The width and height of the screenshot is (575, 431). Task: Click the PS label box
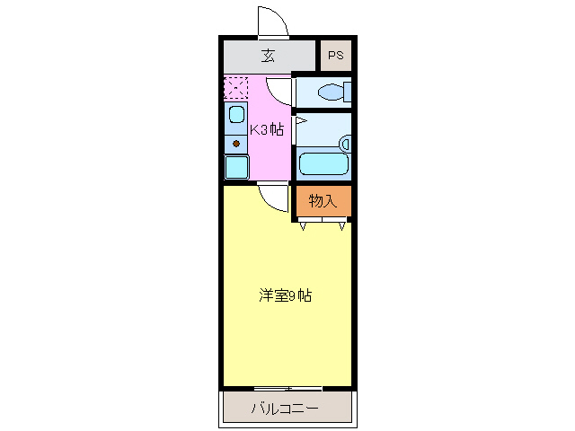click(x=335, y=56)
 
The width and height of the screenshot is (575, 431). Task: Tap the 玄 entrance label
click(x=268, y=56)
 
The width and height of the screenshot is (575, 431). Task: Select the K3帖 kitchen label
click(x=267, y=128)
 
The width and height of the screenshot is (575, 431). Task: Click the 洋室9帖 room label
click(x=286, y=295)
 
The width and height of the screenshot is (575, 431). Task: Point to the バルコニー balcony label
click(x=284, y=409)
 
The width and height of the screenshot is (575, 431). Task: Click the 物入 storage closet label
click(x=323, y=201)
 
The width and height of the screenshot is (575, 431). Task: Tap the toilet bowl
click(x=333, y=91)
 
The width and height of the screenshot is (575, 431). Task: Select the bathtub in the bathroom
click(x=324, y=163)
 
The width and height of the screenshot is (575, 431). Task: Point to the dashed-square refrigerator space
click(x=235, y=88)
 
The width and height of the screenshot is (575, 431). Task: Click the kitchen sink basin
click(x=236, y=115)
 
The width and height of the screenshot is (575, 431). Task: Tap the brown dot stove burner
click(x=236, y=144)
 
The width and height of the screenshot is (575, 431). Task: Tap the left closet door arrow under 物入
click(x=303, y=225)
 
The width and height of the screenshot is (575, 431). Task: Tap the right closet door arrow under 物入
click(x=341, y=225)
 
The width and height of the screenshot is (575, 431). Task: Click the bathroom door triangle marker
click(x=301, y=119)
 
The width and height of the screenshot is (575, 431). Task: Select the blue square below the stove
click(x=236, y=167)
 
